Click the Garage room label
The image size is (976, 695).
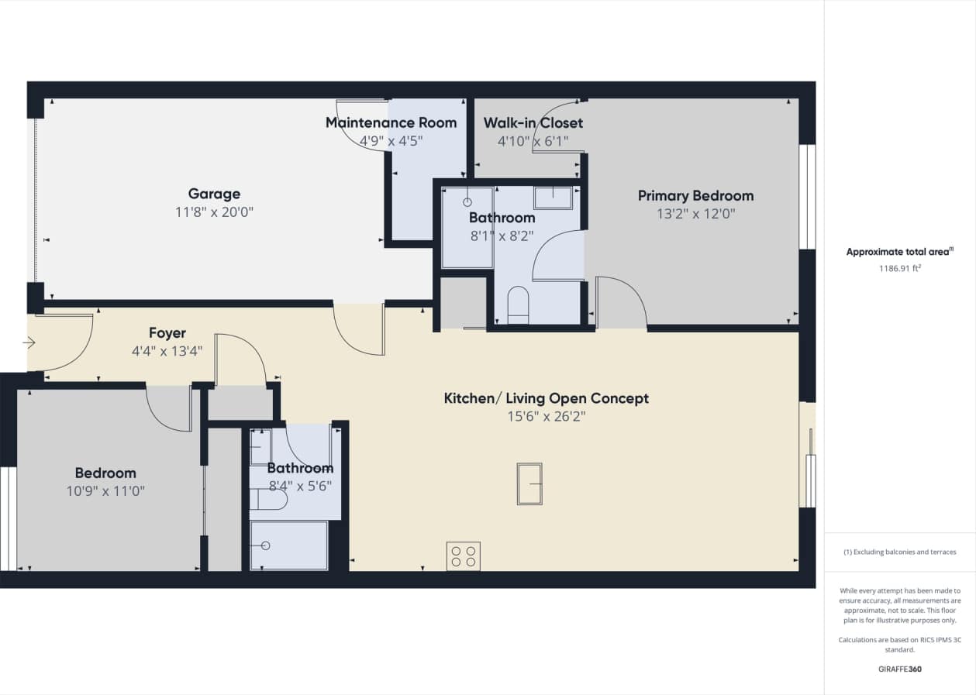214,194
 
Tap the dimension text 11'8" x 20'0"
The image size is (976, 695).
214,212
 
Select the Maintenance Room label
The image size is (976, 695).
391,122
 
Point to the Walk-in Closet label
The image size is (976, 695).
533,122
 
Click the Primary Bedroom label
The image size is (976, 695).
695,195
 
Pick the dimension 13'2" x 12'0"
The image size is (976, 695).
695,213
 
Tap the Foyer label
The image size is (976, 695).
167,333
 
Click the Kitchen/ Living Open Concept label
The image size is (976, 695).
546,398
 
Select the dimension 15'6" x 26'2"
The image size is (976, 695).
546,416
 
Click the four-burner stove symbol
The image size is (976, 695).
463,556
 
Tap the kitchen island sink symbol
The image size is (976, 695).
529,483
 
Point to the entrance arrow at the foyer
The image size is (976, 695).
29,342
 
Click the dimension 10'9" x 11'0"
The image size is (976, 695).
105,490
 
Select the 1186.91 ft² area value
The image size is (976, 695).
899,269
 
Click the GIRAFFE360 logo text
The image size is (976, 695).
899,669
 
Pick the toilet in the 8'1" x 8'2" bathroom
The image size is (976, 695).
517,304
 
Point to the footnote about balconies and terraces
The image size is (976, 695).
899,552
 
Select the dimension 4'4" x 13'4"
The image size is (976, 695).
167,351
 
